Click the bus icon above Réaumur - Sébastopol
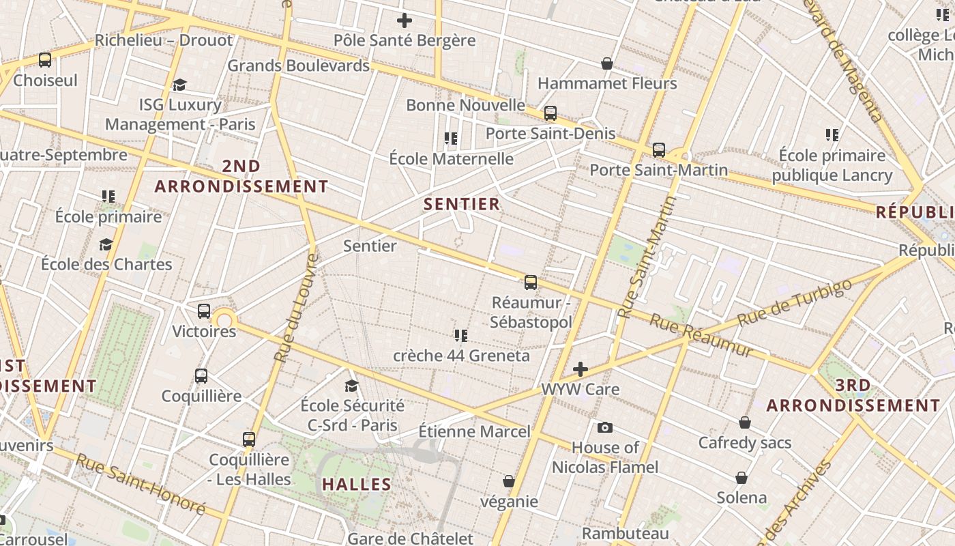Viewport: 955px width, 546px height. click(x=530, y=282)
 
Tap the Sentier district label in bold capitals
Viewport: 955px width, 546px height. click(x=462, y=204)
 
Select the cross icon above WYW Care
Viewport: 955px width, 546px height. click(x=580, y=369)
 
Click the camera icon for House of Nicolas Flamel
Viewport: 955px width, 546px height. click(x=604, y=428)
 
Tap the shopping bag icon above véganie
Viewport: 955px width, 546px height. click(x=508, y=481)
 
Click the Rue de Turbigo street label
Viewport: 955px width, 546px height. click(x=795, y=302)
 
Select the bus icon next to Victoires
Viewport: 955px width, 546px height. click(x=203, y=311)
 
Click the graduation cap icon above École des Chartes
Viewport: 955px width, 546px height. click(x=106, y=244)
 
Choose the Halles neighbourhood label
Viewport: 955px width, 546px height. click(x=356, y=485)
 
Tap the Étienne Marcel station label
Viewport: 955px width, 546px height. click(x=473, y=431)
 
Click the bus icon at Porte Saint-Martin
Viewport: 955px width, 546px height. click(x=658, y=149)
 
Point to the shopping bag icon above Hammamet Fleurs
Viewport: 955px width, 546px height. click(x=606, y=63)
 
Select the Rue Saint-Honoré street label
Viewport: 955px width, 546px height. click(x=140, y=484)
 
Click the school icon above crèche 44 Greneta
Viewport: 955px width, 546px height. click(x=461, y=335)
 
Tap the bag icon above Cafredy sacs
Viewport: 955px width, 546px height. click(x=744, y=422)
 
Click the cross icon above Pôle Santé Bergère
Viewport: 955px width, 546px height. click(x=404, y=20)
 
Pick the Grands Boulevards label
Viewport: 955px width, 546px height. click(x=298, y=66)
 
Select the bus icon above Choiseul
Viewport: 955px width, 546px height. click(x=45, y=60)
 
